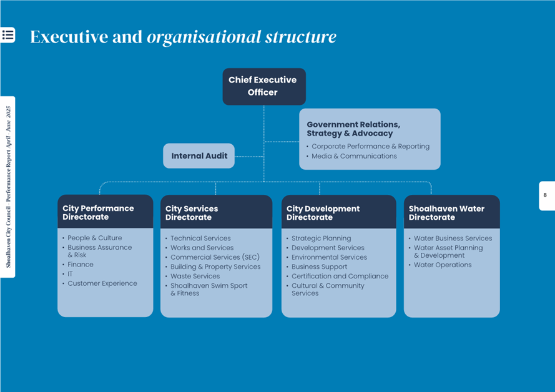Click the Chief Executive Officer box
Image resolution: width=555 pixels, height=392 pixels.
tap(264, 86)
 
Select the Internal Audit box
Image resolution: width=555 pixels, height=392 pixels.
tap(199, 155)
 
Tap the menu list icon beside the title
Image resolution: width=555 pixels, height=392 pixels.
tap(8, 35)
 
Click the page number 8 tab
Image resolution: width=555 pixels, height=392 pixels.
tap(546, 195)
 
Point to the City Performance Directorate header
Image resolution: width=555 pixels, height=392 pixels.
tap(105, 212)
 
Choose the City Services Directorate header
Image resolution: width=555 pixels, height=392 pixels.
tap(216, 213)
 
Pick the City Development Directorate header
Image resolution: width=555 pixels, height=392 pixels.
tap(338, 213)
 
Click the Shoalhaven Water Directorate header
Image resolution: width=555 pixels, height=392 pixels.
tap(451, 213)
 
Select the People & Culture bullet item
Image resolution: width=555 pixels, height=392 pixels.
tap(95, 238)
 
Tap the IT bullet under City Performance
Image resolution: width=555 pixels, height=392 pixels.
tap(70, 274)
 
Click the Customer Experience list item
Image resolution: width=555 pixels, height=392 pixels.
tap(102, 283)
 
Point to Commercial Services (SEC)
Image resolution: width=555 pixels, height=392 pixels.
tap(215, 257)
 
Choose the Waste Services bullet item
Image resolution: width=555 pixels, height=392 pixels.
tap(195, 276)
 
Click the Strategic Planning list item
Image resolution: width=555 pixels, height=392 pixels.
tap(322, 238)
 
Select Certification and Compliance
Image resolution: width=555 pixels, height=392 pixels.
tap(340, 276)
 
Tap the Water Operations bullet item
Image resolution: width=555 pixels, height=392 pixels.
tap(443, 265)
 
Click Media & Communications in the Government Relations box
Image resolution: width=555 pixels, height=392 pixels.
tap(354, 156)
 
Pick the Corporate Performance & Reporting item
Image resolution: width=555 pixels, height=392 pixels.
tap(370, 146)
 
